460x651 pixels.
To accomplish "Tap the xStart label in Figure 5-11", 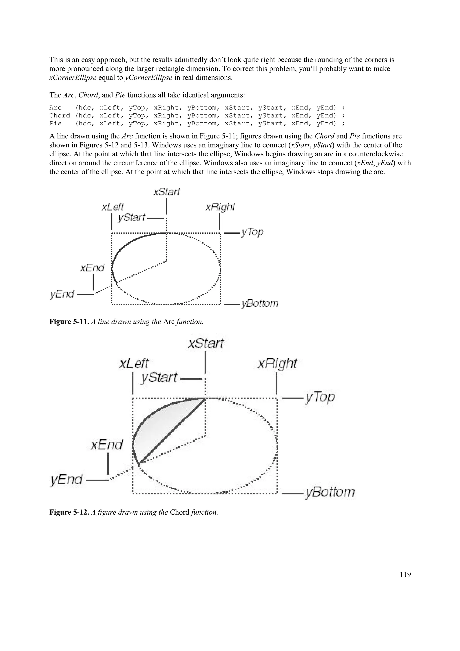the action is pos(166,192).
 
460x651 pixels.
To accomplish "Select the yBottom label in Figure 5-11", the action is pos(260,303).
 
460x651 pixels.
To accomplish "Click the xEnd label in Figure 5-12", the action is pos(106,445).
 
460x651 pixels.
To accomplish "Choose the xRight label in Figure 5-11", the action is pos(220,207).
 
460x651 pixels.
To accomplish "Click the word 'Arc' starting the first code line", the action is pos(55,108).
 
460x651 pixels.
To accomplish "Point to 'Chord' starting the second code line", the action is pos(60,116).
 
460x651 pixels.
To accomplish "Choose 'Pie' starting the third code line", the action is pos(55,124).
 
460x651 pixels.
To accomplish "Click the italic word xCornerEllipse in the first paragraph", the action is pos(73,78).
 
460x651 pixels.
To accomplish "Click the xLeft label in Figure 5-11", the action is pos(113,207).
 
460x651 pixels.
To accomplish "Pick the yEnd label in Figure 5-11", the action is pos(62,294).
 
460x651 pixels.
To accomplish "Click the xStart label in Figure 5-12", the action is pos(206,344).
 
